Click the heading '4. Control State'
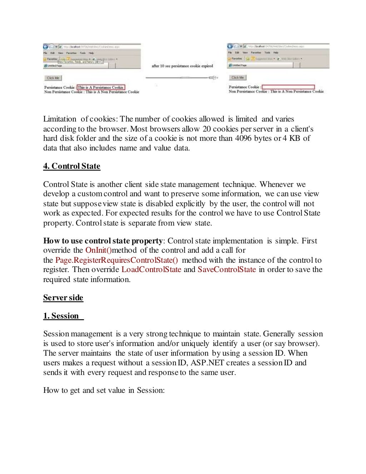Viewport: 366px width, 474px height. point(71,166)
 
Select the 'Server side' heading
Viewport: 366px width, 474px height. point(63,298)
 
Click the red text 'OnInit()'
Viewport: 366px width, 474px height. point(98,250)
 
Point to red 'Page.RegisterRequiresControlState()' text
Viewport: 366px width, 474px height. point(117,260)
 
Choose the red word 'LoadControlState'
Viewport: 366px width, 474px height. point(151,270)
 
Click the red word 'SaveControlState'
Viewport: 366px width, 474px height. point(227,270)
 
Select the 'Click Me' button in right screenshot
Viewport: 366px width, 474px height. point(237,78)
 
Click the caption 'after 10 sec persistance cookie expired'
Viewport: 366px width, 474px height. point(182,66)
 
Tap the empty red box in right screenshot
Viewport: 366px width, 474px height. point(288,87)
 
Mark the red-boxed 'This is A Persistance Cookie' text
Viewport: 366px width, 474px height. point(100,87)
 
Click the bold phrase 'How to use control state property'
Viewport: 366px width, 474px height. point(103,241)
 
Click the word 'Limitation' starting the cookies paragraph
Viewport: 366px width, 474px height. point(60,119)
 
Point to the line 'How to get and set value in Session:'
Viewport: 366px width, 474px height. point(104,390)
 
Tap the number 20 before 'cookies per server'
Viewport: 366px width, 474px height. point(207,129)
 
